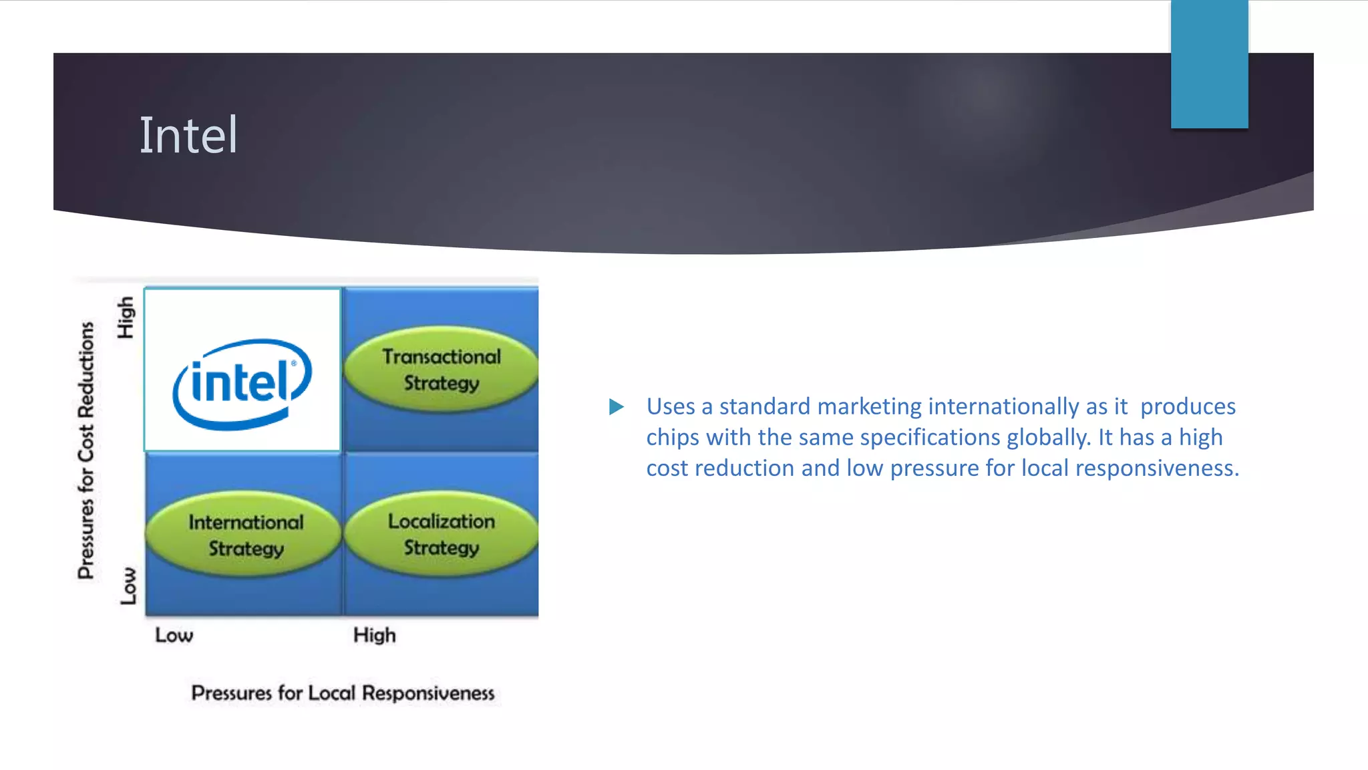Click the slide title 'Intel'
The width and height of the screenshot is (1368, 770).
pos(188,136)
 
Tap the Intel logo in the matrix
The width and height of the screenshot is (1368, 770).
pos(242,384)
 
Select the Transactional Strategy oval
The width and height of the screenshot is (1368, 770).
pos(441,370)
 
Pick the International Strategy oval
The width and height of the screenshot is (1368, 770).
pos(245,535)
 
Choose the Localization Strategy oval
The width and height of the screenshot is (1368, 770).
pos(441,534)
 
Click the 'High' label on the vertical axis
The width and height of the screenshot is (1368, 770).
pos(126,317)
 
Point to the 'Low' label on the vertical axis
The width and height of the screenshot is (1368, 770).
pos(128,586)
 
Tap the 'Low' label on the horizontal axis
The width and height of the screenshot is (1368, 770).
pos(174,635)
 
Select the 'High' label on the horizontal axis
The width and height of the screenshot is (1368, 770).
pos(374,635)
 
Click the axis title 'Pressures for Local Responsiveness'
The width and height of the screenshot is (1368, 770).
pos(343,693)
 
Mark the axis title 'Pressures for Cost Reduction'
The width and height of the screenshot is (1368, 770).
pos(86,450)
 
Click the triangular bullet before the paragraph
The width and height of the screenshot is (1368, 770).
pos(616,406)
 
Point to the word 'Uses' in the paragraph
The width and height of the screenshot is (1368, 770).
pos(671,406)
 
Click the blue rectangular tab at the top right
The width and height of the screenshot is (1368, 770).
pos(1209,64)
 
